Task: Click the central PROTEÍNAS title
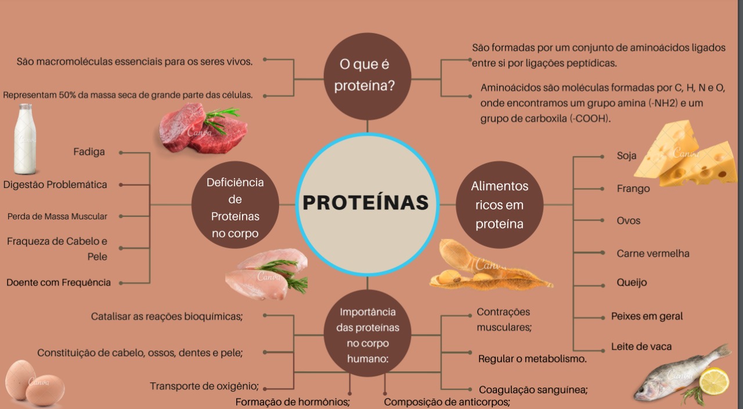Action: click(x=366, y=202)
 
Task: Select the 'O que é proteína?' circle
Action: click(x=367, y=76)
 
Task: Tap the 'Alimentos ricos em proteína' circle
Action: click(x=500, y=205)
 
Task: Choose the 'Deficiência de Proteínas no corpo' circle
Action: click(x=235, y=205)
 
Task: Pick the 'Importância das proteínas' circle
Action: click(x=367, y=333)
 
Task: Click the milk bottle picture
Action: click(x=25, y=139)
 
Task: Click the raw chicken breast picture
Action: click(x=267, y=274)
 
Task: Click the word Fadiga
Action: click(x=89, y=152)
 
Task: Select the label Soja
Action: click(x=626, y=156)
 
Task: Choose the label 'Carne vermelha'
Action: click(x=653, y=254)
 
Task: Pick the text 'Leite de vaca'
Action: click(x=641, y=347)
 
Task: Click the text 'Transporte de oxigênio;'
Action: click(x=204, y=386)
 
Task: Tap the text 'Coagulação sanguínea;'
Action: click(x=533, y=390)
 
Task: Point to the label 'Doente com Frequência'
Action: click(x=59, y=283)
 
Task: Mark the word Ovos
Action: click(x=628, y=220)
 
